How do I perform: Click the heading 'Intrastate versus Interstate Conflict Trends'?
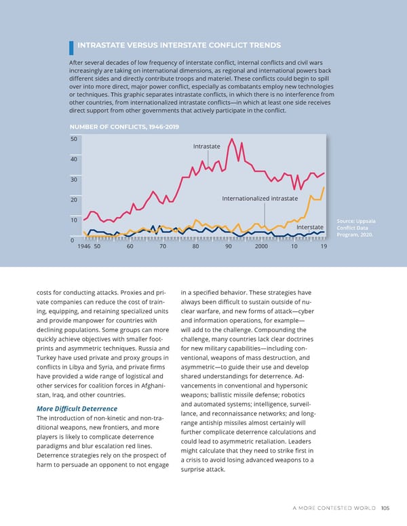click(179, 45)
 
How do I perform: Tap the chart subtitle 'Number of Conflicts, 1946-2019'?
click(125, 125)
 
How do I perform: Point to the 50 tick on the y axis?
click(73, 139)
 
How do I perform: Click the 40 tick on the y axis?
click(73, 159)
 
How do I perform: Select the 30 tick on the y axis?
click(73, 180)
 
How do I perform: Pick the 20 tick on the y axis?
click(73, 200)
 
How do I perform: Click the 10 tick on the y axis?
click(73, 220)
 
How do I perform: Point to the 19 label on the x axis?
click(324, 247)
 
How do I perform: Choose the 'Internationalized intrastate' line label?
click(260, 198)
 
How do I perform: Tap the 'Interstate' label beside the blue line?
click(309, 226)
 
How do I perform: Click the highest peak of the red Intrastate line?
click(233, 140)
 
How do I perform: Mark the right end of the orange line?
click(325, 187)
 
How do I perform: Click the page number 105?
click(385, 510)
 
